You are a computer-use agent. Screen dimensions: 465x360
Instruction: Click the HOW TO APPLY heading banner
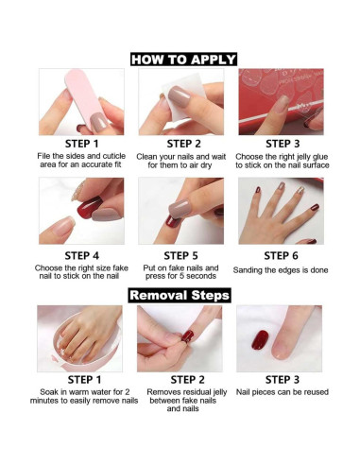(182, 60)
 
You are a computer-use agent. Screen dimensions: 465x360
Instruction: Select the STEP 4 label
(80, 255)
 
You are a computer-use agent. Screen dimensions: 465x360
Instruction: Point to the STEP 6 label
(282, 255)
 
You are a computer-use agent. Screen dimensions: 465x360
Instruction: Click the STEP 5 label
(181, 255)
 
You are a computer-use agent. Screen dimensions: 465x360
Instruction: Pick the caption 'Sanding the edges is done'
(281, 270)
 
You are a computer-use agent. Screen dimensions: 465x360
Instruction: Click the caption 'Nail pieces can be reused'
(281, 391)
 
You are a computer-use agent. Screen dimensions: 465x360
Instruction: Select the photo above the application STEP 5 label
(181, 211)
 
